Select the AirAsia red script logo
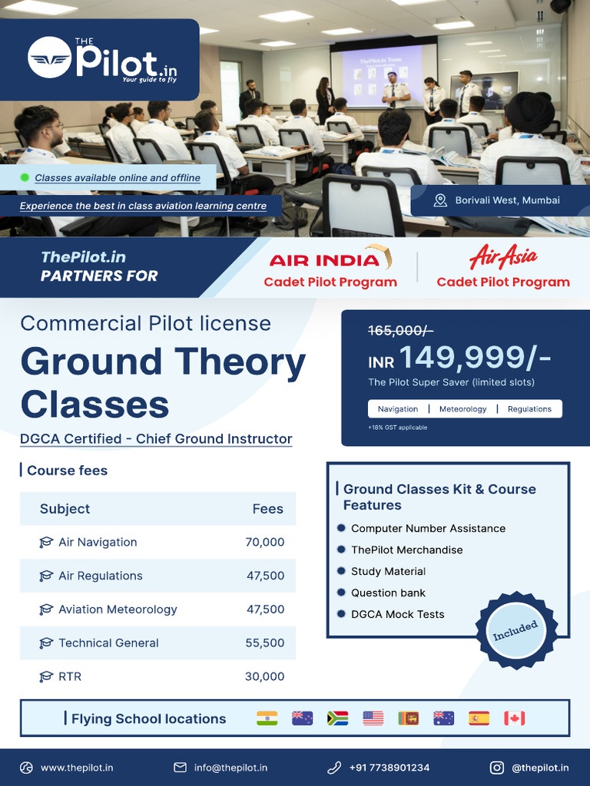pos(503,256)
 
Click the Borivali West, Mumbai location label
pos(507,200)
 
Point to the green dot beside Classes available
pos(25,177)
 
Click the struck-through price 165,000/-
pos(400,330)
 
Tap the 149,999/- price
pos(474,358)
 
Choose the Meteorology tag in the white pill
pos(462,409)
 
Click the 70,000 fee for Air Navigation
pos(265,542)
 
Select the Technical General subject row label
pos(108,643)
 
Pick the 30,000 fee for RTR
pos(265,676)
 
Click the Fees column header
pos(267,509)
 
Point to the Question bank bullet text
pos(388,593)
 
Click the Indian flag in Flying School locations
pos(267,718)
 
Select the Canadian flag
pos(514,718)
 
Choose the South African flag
pos(337,718)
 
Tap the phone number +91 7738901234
pos(389,768)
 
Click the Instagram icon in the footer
pos(497,768)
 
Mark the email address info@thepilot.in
pos(230,768)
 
